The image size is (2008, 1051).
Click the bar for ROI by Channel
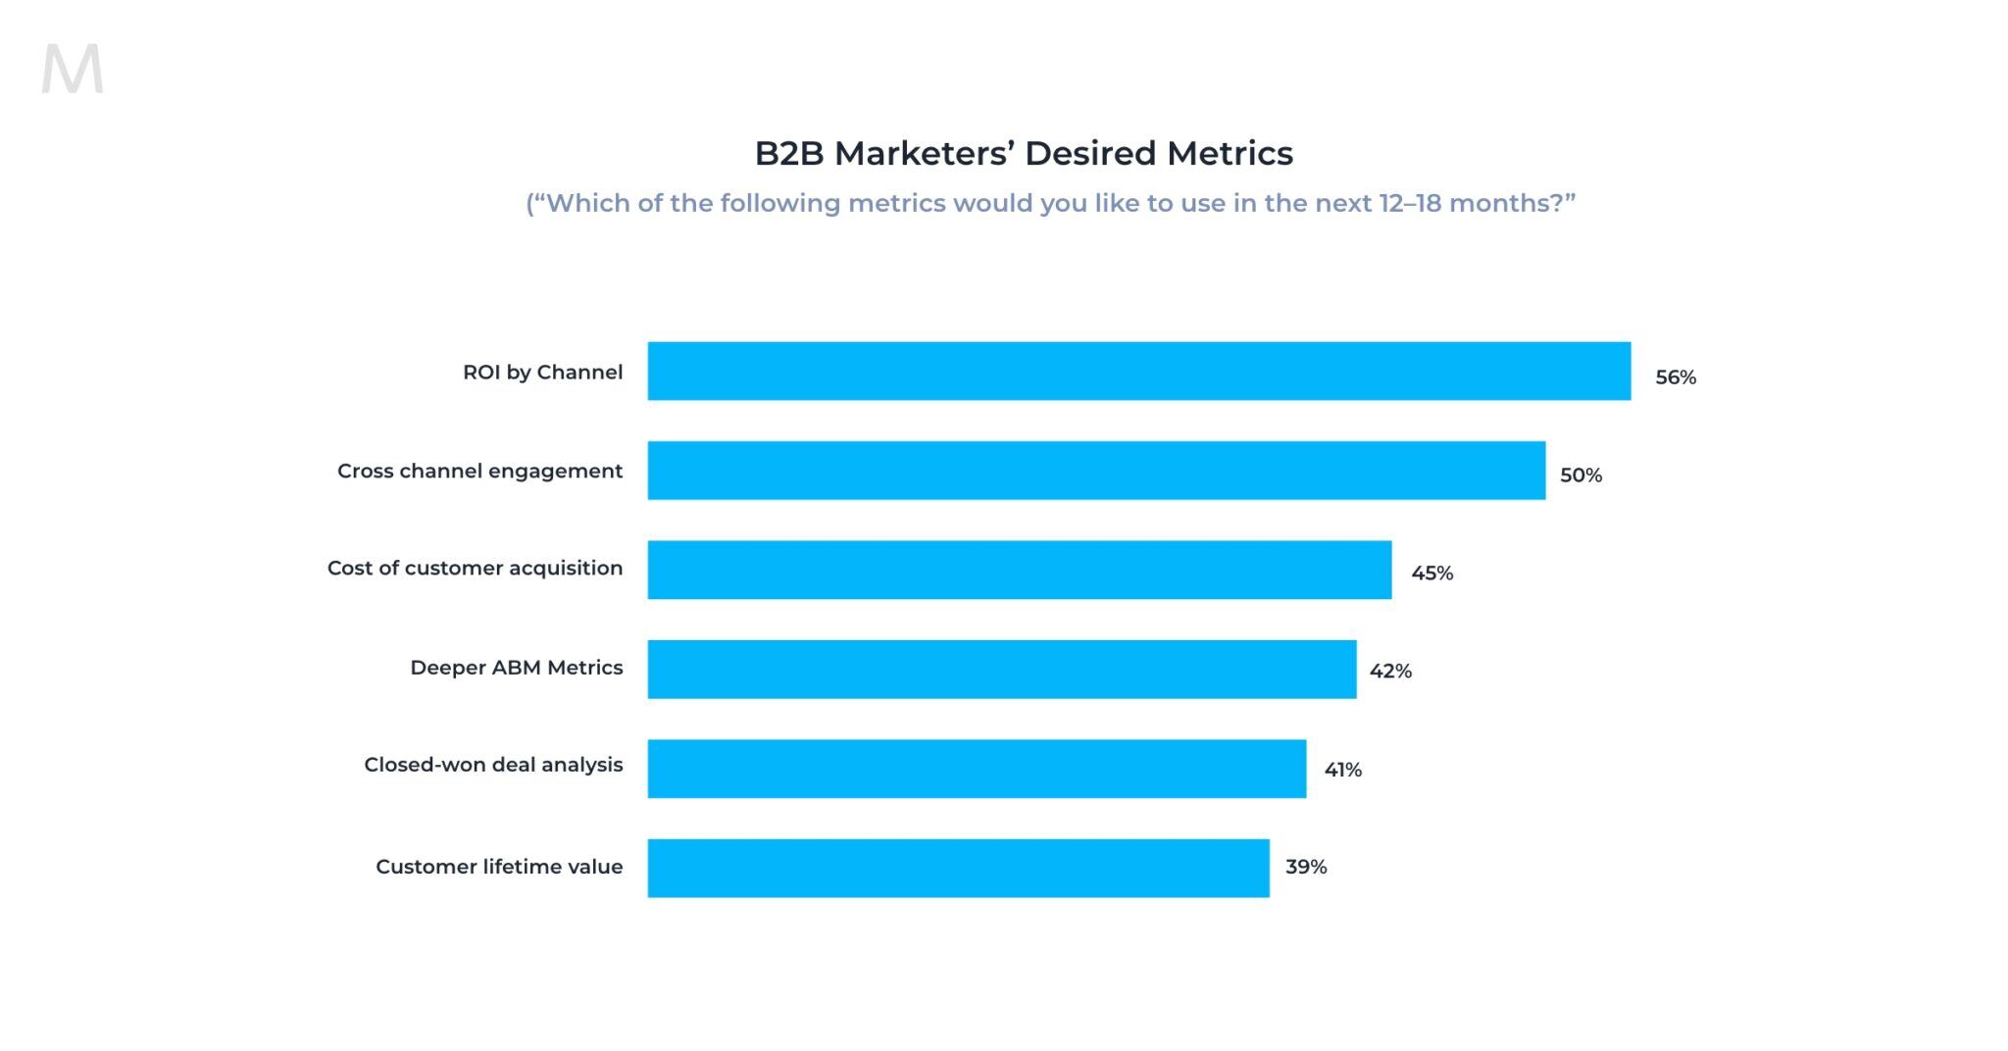pos(1138,371)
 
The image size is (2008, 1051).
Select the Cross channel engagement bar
pos(1096,471)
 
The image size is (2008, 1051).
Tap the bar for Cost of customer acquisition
pos(1019,570)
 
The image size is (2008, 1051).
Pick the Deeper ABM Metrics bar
pos(1001,670)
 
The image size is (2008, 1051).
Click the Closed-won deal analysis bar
pos(977,769)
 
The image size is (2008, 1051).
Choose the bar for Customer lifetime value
pos(958,868)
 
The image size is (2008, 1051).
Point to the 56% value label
pos(1675,377)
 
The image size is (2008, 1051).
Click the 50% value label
pos(1581,475)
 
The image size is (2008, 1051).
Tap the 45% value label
pos(1431,574)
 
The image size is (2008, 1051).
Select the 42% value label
pos(1390,672)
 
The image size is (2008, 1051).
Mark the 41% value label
pos(1342,771)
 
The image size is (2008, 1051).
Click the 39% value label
pos(1305,867)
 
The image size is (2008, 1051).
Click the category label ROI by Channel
pos(542,373)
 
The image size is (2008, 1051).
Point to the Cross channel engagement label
pos(479,472)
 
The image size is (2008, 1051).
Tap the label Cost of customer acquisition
pos(475,569)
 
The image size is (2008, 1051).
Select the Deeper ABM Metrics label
pos(516,668)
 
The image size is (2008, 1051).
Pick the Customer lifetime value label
pos(499,867)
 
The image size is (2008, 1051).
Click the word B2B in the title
pos(788,154)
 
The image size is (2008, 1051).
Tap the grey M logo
pos(73,70)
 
